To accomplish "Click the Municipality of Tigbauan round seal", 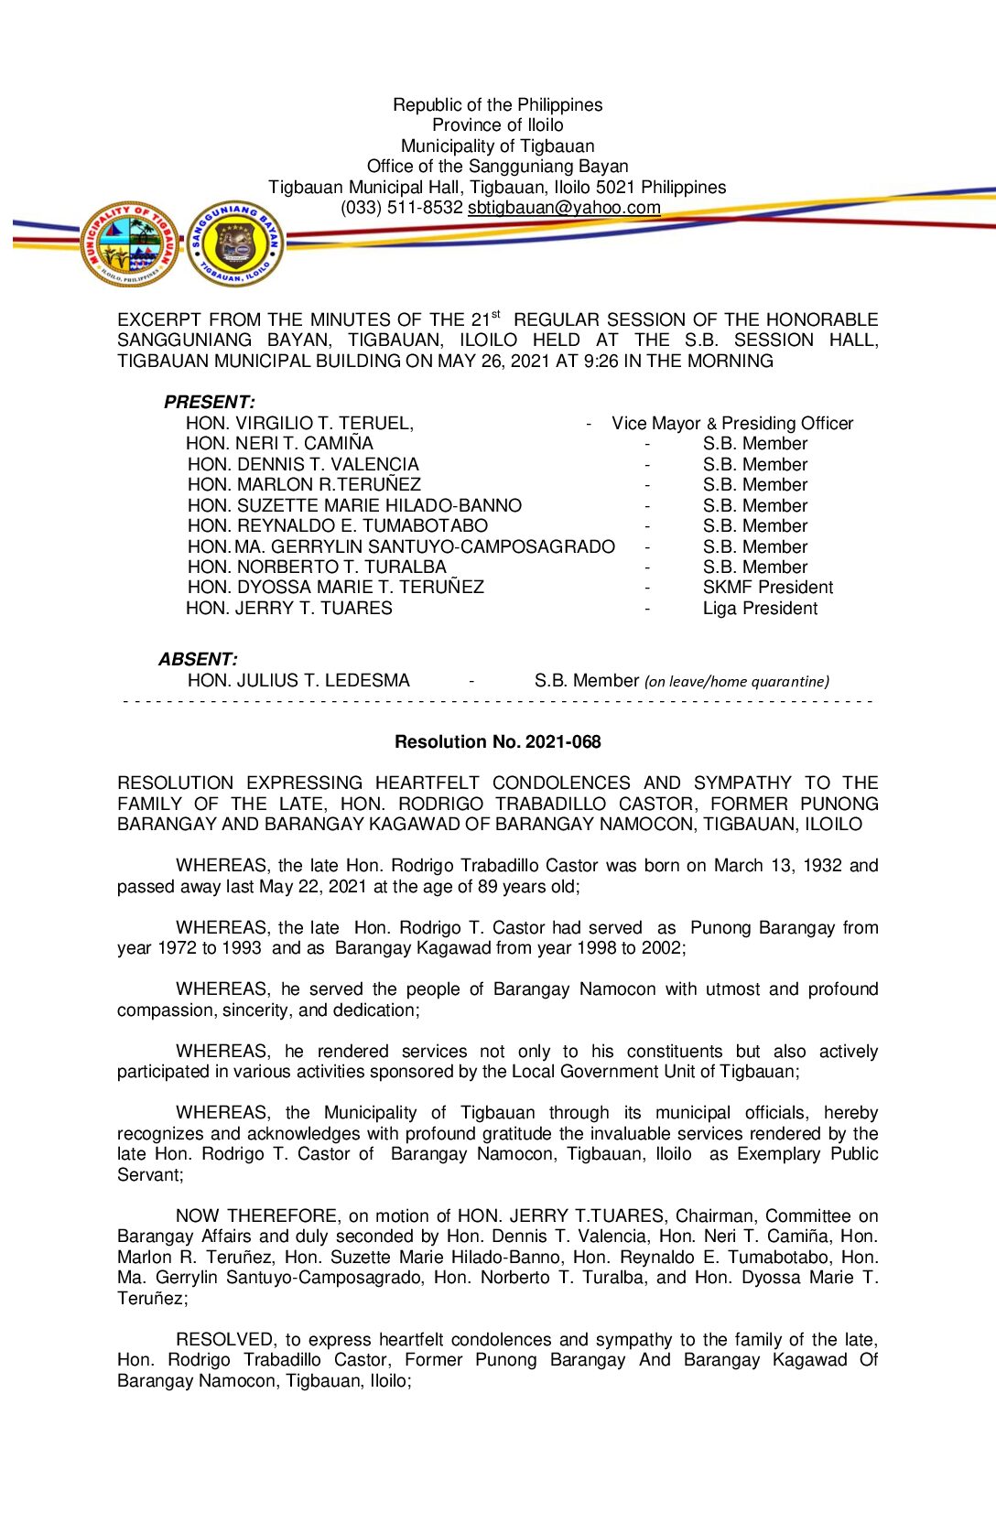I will (129, 244).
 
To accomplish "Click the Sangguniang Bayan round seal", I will (235, 244).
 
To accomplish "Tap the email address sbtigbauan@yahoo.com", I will (564, 208).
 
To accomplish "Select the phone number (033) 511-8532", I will (402, 208).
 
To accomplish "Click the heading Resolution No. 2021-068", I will (497, 742).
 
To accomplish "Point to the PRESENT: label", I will (209, 403).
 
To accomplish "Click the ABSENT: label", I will (198, 660).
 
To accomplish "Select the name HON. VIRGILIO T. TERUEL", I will (299, 424).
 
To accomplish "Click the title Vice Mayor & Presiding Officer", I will (732, 424).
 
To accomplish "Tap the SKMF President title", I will (767, 588).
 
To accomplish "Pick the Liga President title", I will (760, 609).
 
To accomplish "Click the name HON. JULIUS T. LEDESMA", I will (298, 681).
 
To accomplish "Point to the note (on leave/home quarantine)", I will (736, 682).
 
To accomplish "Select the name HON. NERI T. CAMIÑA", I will (279, 444).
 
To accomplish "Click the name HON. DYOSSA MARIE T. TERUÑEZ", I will (335, 588).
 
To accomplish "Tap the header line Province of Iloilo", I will (497, 125).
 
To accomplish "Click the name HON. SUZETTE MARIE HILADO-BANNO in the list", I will (354, 506).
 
